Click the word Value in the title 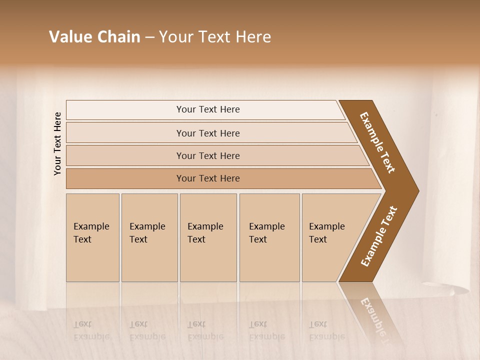69,37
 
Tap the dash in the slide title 149,37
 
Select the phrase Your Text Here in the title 215,37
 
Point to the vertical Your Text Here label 57,143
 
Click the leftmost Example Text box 92,237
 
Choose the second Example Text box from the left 149,237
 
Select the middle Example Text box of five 208,237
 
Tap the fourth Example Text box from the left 269,237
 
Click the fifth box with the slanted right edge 330,237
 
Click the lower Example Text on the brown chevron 379,236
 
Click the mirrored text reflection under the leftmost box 91,330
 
